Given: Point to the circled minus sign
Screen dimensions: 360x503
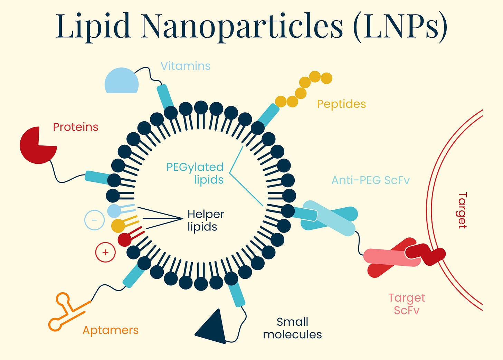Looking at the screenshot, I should (94, 220).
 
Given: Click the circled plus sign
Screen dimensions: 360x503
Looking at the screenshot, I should (105, 252).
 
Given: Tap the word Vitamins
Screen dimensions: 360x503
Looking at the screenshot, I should (186, 66).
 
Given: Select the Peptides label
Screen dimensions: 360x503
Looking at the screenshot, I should (341, 104).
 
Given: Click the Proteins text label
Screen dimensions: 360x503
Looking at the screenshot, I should (76, 127).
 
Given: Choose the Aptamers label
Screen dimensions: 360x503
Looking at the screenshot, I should (111, 330).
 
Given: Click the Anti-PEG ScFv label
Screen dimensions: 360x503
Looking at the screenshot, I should (370, 180).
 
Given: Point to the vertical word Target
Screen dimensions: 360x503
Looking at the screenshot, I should (462, 210).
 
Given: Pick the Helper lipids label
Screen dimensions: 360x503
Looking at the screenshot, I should (206, 220).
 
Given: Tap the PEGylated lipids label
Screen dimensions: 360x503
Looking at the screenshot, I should (195, 173).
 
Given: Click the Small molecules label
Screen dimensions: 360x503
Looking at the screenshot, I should (292, 328).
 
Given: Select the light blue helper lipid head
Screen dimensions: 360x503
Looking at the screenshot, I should (114, 210).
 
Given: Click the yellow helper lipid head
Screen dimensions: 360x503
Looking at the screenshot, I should (118, 225).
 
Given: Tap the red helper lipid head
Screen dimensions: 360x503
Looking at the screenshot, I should (124, 239).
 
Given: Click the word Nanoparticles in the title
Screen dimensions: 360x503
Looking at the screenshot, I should (242, 26).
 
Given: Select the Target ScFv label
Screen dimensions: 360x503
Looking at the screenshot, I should (407, 304).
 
